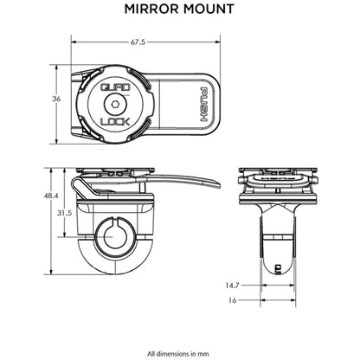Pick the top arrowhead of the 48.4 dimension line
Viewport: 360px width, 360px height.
click(66, 170)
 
